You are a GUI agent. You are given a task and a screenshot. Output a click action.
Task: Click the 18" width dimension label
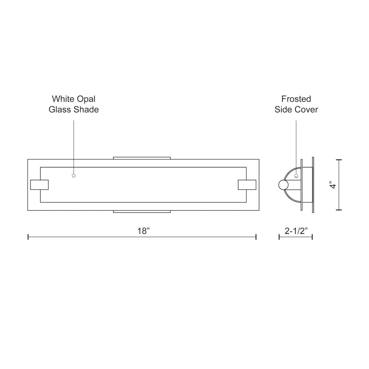[x=143, y=231]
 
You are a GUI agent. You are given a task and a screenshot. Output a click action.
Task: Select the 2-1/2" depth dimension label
[x=296, y=231]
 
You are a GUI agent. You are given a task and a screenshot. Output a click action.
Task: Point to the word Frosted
[x=296, y=99]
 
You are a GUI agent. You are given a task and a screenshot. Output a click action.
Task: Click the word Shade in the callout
[x=87, y=109]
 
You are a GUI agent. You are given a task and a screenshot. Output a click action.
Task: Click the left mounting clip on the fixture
[x=39, y=184]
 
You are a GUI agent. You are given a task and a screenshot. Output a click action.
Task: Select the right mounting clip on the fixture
[x=247, y=184]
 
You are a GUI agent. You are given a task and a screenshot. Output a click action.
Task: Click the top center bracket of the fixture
[x=142, y=158]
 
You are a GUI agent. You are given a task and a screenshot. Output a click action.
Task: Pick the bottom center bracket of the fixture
[x=142, y=212]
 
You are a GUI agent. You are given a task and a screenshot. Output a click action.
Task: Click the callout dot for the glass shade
[x=73, y=176]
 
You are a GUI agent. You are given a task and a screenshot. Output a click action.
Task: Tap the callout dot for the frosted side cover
[x=296, y=176]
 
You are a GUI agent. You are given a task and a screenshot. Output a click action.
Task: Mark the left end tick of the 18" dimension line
[x=28, y=237]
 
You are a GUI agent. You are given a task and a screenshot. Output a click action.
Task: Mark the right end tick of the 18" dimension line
[x=256, y=237]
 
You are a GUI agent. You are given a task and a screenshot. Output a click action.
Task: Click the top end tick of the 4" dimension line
[x=339, y=160]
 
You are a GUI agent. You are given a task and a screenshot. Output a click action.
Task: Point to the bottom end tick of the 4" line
[x=339, y=210]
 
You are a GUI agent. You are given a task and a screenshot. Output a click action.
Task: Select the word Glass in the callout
[x=60, y=109]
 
